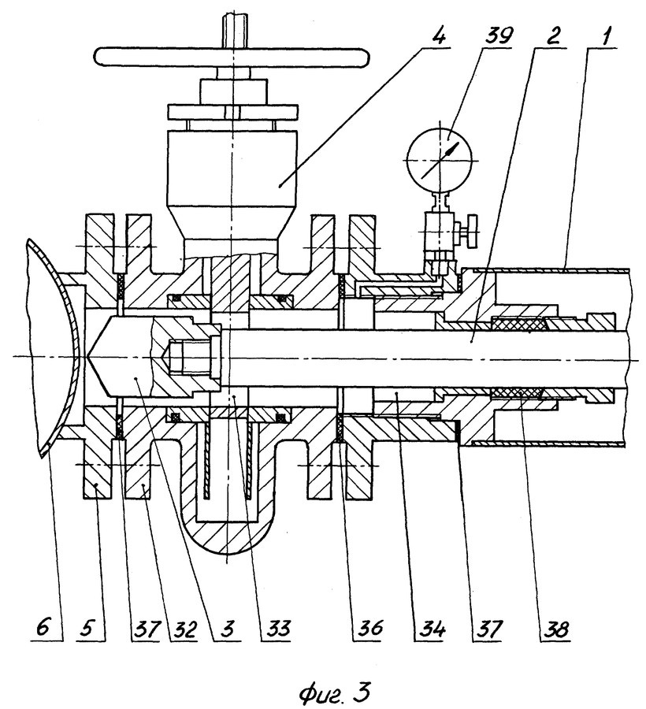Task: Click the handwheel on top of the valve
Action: point(232,57)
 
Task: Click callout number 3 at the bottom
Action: point(228,628)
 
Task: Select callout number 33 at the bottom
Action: point(275,628)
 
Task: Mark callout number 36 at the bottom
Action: point(369,628)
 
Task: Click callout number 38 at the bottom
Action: point(555,628)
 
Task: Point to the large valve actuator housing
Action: point(232,184)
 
